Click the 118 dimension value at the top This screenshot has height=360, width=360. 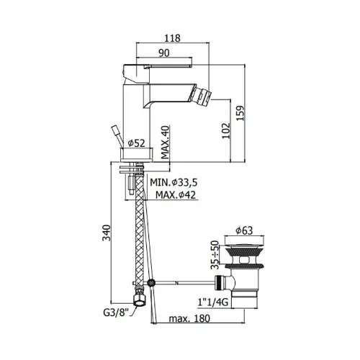(173, 38)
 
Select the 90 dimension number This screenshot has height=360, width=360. (164, 53)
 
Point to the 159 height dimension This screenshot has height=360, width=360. (240, 113)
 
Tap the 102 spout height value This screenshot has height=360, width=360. (226, 131)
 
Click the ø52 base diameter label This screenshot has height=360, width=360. (137, 143)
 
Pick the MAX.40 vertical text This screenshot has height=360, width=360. (165, 142)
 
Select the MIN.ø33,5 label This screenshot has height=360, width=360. (174, 182)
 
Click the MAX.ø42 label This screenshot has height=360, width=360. (176, 194)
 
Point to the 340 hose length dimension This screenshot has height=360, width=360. (107, 233)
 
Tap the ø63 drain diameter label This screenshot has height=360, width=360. (244, 230)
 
